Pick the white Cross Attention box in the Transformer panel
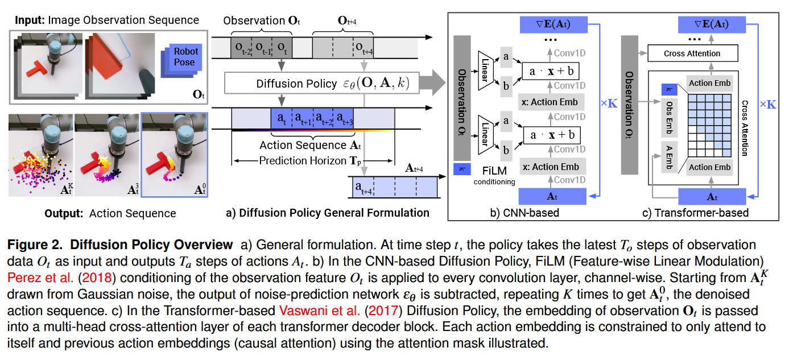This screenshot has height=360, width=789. pyautogui.click(x=692, y=53)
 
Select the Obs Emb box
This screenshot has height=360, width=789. pyautogui.click(x=669, y=118)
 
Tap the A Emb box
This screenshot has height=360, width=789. pyautogui.click(x=669, y=154)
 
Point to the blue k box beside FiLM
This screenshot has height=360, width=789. pyautogui.click(x=462, y=169)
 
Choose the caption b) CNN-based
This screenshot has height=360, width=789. pyautogui.click(x=524, y=213)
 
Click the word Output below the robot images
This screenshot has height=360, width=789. pyautogui.click(x=62, y=213)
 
